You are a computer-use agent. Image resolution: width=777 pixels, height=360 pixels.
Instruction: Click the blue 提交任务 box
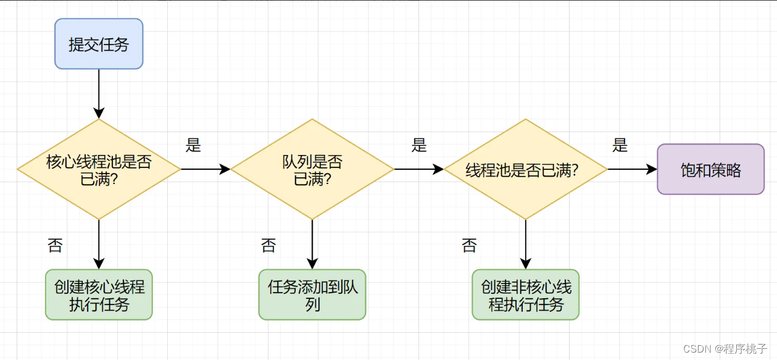coord(99,44)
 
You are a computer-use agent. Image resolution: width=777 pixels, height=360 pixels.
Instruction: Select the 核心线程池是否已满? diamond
coord(99,169)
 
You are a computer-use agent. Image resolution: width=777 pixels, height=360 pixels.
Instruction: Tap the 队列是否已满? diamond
coord(312,169)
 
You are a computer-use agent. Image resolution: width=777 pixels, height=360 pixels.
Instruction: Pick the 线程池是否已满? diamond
coord(525,169)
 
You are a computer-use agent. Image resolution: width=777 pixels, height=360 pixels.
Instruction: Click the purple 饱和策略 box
coord(710,169)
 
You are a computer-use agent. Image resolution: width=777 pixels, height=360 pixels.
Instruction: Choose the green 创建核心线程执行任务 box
coord(99,295)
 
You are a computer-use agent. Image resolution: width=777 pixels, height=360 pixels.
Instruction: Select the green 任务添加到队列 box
coord(312,295)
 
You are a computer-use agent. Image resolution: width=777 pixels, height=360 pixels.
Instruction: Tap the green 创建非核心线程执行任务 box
coord(525,295)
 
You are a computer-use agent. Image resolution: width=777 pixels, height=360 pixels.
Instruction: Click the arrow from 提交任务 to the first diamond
coord(99,93)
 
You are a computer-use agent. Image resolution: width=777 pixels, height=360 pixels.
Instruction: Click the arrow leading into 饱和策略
coord(632,169)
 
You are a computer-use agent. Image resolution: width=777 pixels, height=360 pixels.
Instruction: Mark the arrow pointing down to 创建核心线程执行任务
coord(99,244)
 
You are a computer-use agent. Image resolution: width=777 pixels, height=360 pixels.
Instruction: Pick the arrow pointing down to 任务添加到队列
coord(312,244)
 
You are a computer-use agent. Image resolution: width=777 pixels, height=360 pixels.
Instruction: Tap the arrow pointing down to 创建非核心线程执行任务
coord(525,244)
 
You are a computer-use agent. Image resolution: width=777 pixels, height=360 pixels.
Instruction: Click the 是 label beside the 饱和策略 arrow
coord(620,146)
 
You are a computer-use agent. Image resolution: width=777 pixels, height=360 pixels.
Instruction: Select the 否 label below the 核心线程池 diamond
coord(55,246)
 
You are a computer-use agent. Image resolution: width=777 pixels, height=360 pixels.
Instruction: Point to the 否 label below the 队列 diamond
coord(268,246)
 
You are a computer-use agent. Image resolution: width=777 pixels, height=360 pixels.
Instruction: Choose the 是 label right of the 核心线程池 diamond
coord(193,146)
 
